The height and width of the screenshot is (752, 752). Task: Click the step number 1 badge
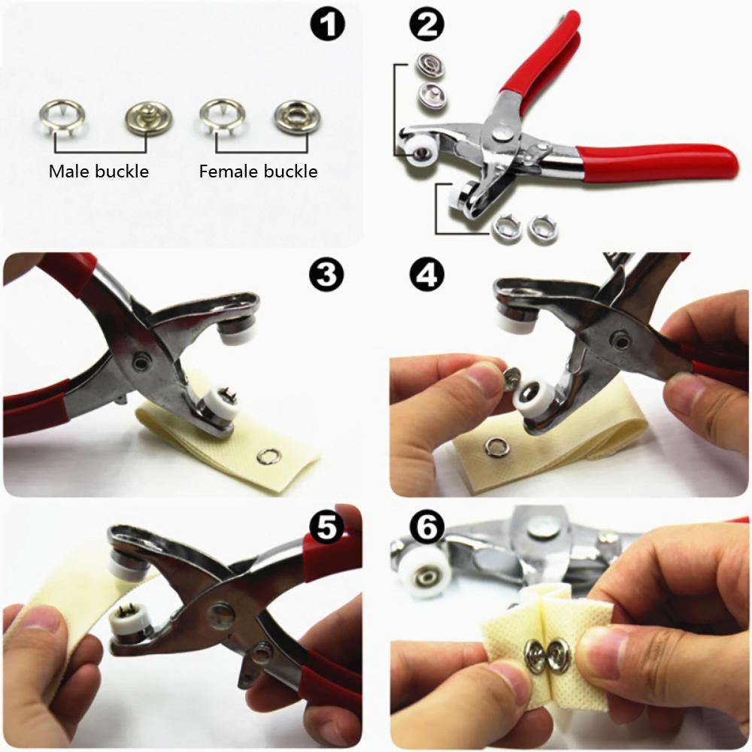[328, 26]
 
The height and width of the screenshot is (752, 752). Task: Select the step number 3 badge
[327, 276]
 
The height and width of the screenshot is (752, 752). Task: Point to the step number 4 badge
[426, 276]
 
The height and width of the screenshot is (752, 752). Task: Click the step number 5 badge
[327, 526]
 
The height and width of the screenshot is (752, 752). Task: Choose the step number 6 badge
[426, 527]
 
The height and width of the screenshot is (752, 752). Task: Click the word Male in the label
[69, 171]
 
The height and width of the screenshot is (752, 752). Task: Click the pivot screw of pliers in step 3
[141, 363]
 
